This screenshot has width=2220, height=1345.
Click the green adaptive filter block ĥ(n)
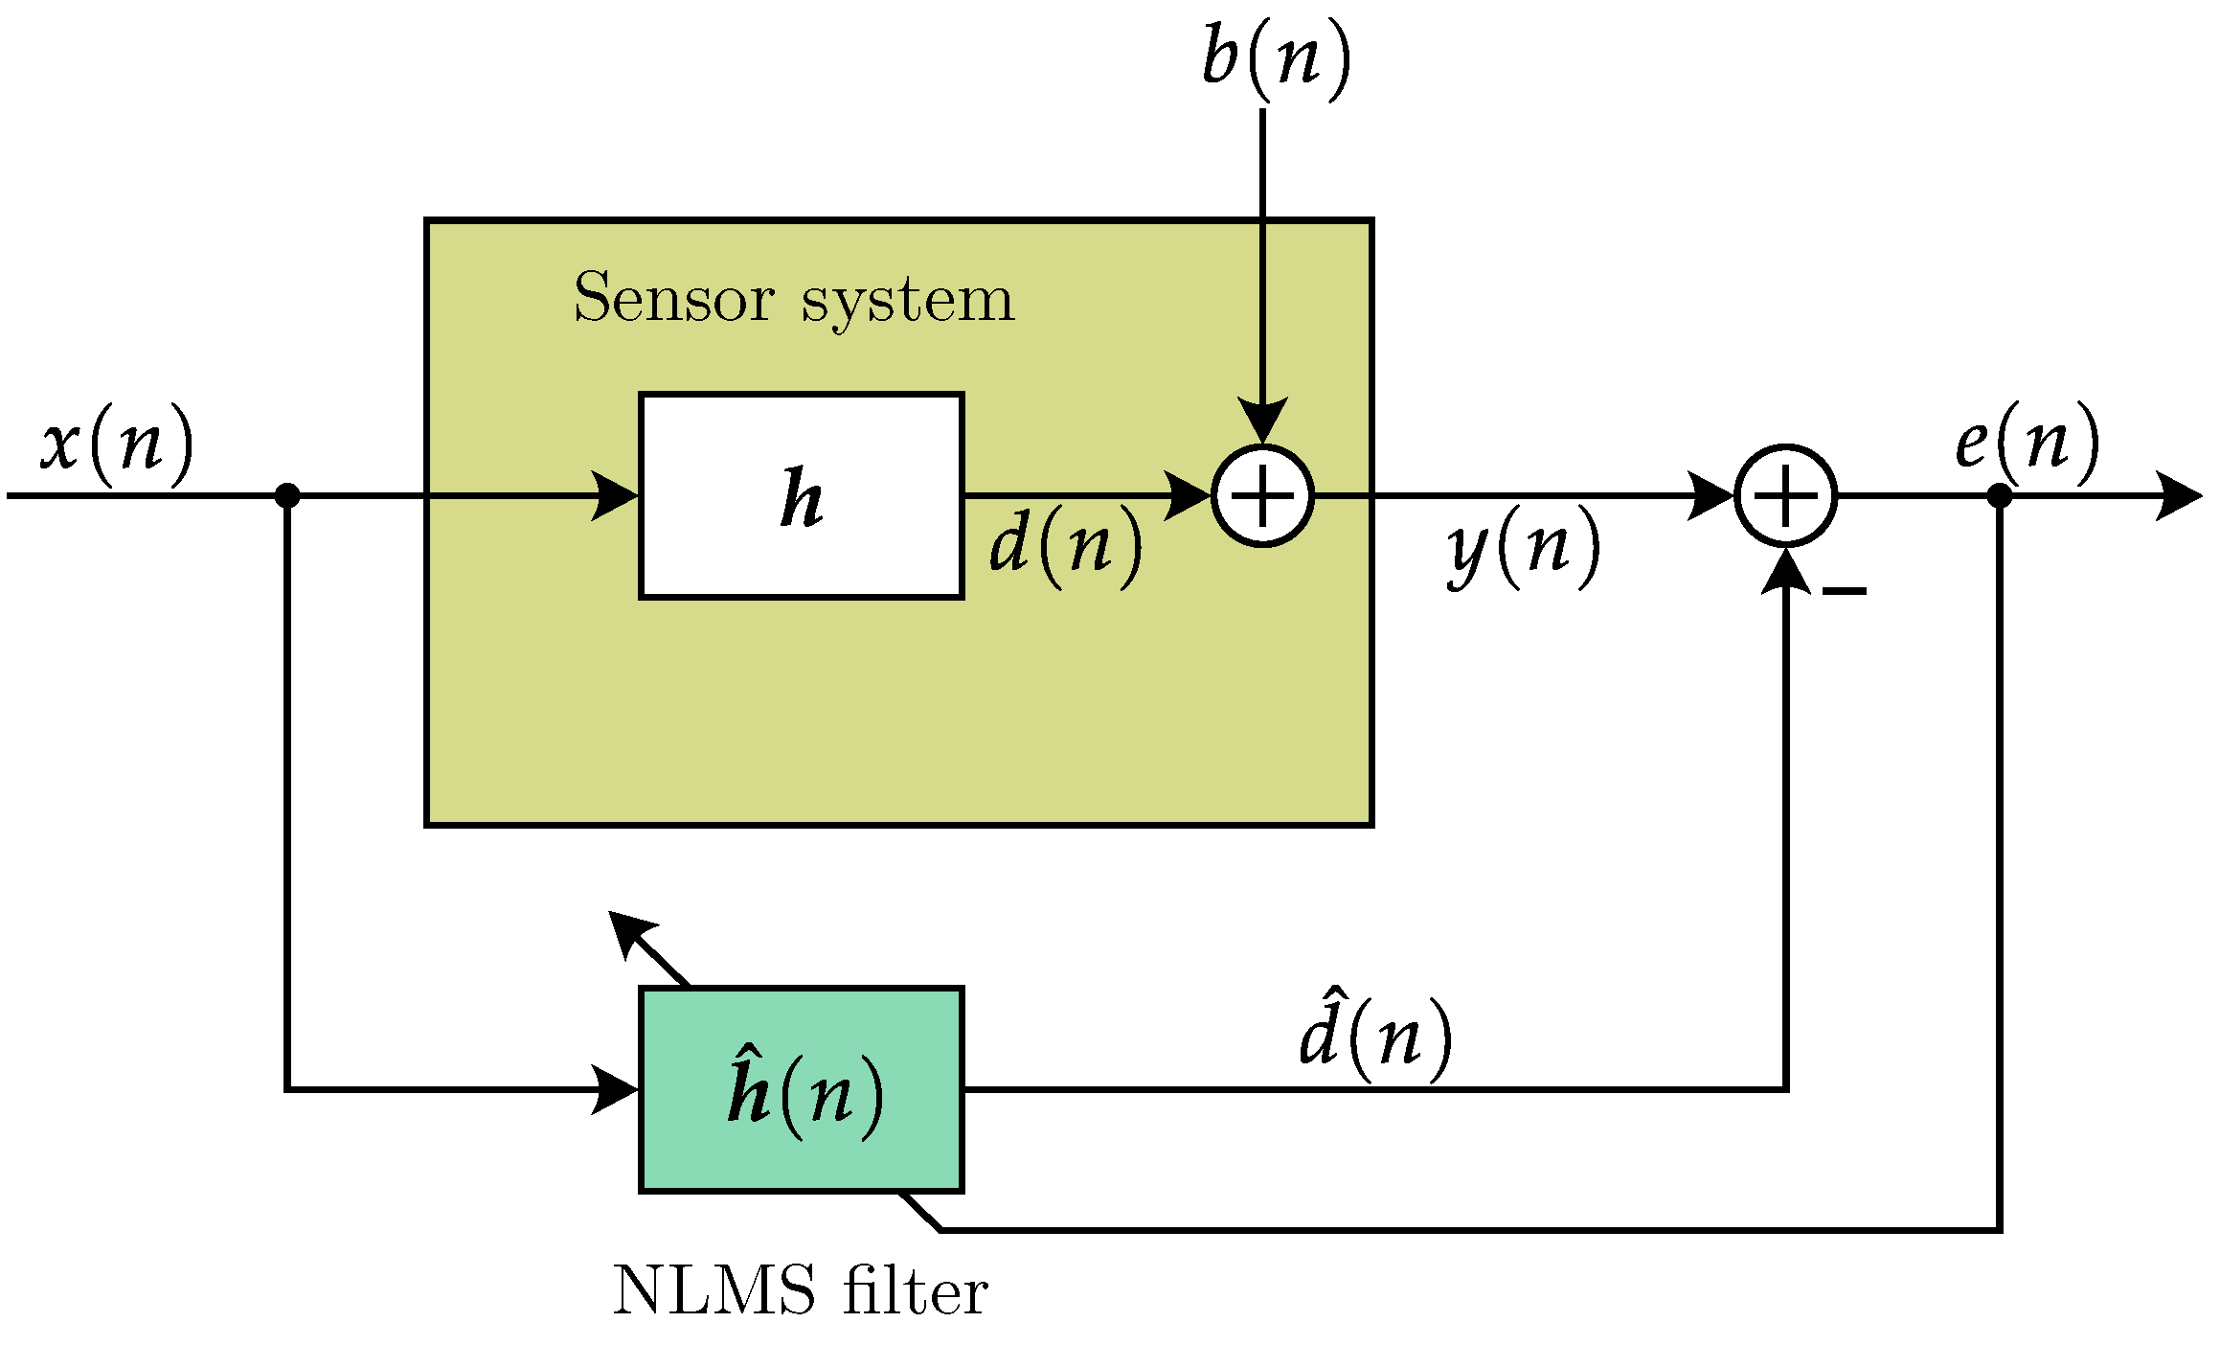click(x=801, y=1089)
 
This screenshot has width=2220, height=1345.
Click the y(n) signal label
click(x=1523, y=548)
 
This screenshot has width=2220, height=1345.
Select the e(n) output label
click(x=2027, y=443)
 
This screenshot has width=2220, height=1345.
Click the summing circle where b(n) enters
click(x=1262, y=496)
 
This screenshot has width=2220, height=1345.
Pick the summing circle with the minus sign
click(x=1785, y=496)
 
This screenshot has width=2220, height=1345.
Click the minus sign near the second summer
click(x=1844, y=591)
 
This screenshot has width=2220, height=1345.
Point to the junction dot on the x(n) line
click(x=287, y=495)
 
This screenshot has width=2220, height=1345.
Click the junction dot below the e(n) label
click(x=2000, y=495)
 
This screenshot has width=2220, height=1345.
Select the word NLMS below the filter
click(x=714, y=1290)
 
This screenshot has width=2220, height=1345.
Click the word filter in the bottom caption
click(x=915, y=1290)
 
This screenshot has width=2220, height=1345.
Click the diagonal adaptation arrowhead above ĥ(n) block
click(x=627, y=930)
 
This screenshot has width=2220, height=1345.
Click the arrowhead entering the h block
click(x=618, y=495)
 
